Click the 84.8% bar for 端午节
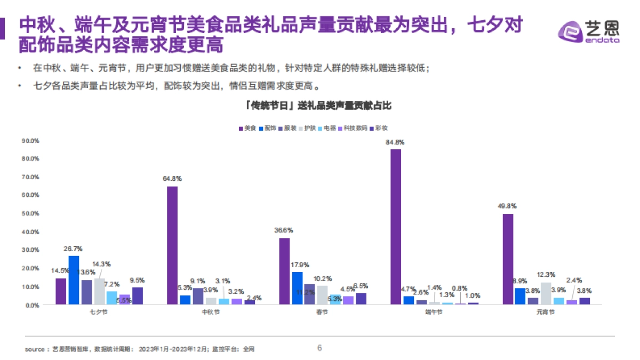[396, 227]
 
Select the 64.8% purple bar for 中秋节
[172, 245]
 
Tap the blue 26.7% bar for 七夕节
[74, 280]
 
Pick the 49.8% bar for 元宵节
[508, 259]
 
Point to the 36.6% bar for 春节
[284, 271]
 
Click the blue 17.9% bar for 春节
[297, 288]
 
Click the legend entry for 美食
[247, 128]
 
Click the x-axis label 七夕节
[99, 312]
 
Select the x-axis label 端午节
[434, 312]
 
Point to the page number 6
[319, 348]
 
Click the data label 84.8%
[395, 142]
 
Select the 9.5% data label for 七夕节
[137, 280]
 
